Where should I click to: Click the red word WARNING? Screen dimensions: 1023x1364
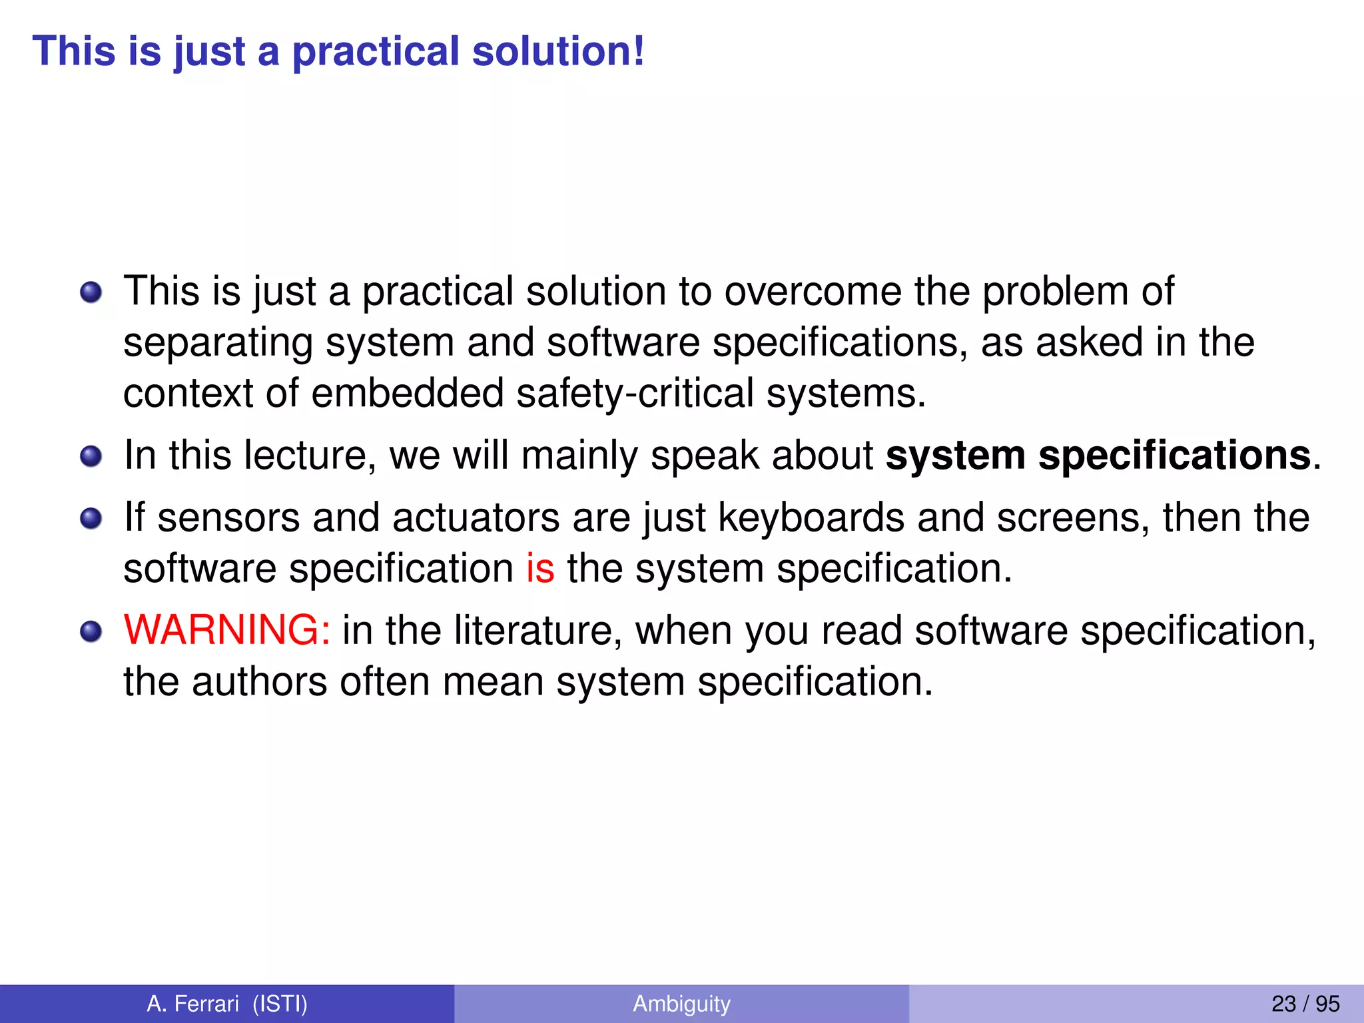[x=226, y=630]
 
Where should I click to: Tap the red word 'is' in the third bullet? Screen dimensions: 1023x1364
[x=540, y=569]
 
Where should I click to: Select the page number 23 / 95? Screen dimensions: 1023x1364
[x=1305, y=1004]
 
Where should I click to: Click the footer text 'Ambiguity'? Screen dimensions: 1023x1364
[x=681, y=1004]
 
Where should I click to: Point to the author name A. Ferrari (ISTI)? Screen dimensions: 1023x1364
[x=227, y=1004]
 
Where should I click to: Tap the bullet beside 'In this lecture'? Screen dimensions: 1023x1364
[x=91, y=457]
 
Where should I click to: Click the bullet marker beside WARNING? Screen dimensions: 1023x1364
[x=91, y=631]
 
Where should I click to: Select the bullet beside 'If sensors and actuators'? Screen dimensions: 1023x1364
[x=91, y=519]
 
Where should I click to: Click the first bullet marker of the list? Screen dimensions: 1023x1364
[x=91, y=292]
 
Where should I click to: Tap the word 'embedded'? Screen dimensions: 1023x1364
[x=408, y=393]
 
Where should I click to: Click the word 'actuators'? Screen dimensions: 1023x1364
[x=476, y=518]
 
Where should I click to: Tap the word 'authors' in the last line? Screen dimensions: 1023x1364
[x=260, y=682]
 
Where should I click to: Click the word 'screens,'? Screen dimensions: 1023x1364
[x=1073, y=518]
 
